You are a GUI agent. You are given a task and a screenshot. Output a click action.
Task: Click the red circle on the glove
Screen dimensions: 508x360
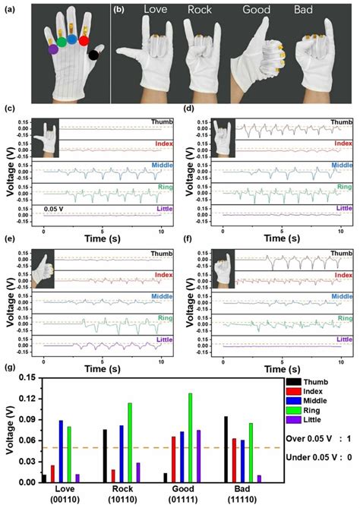click(x=84, y=41)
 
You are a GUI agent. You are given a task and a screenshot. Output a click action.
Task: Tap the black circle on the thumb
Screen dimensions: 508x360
click(x=94, y=55)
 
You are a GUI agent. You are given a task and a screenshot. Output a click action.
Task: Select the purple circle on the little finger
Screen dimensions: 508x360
click(x=52, y=49)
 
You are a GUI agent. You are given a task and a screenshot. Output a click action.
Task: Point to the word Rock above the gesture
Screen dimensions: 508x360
click(x=201, y=11)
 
